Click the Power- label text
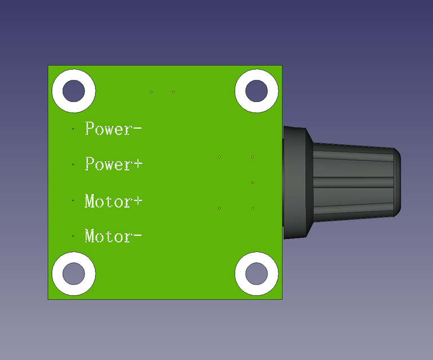click(113, 129)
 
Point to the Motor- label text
click(113, 236)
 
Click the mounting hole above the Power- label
click(73, 90)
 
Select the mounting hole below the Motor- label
click(73, 274)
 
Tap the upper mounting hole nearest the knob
click(256, 90)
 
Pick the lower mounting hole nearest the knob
click(256, 274)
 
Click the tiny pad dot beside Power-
click(73, 129)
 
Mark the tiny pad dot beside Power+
click(73, 164)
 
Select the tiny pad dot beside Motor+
click(73, 200)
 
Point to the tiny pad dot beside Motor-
click(73, 236)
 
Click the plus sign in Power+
click(137, 165)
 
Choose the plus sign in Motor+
click(136, 201)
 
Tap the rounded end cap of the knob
click(395, 182)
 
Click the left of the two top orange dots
click(151, 92)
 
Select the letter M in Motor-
click(91, 236)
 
